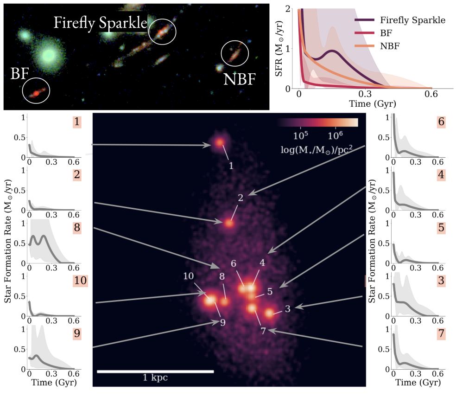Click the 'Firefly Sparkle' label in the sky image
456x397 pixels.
point(100,23)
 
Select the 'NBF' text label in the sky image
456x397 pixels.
point(239,79)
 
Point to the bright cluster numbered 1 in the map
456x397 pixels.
point(218,144)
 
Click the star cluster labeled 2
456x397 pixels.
point(228,223)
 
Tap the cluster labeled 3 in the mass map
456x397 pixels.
point(269,314)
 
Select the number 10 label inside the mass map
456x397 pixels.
point(188,276)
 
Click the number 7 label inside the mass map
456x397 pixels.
point(263,331)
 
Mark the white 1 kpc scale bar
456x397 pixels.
point(155,371)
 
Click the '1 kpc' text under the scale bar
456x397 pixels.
point(155,378)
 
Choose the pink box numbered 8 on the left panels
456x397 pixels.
point(77,228)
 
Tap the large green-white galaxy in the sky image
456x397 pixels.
point(49,56)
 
